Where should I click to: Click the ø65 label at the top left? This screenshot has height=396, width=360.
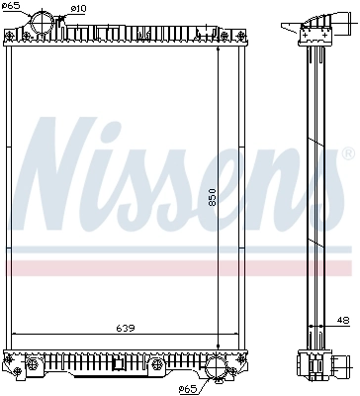point(13,7)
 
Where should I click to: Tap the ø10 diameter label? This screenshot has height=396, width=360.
point(79,9)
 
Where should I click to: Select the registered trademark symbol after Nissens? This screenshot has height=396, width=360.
point(346,154)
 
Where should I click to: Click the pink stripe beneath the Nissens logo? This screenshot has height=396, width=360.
point(178,268)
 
